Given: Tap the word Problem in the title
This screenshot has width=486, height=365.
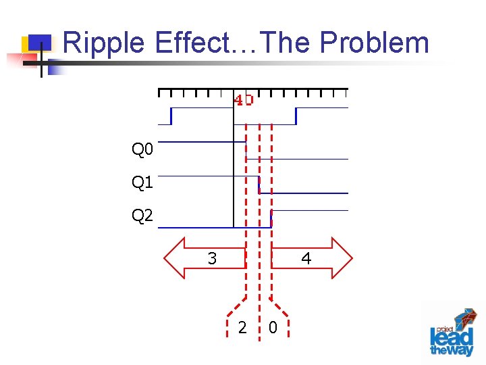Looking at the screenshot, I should [x=375, y=43].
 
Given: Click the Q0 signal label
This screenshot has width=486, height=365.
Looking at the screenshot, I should [x=142, y=149].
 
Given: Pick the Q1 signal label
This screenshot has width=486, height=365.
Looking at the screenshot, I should [x=142, y=182].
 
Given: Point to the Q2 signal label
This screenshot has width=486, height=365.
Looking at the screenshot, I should [x=142, y=216].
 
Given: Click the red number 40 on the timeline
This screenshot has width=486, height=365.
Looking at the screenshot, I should [x=244, y=100].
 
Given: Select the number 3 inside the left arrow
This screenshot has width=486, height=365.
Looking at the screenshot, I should [x=212, y=258].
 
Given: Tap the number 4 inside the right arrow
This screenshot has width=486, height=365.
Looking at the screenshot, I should [x=306, y=258].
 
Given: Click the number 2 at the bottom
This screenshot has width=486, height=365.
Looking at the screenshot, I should [x=242, y=328].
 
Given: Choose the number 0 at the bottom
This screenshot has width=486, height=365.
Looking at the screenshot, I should [x=272, y=328].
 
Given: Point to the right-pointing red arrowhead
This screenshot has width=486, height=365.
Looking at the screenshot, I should [x=342, y=258].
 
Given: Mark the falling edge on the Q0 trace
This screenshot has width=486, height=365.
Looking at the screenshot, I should [x=246, y=150].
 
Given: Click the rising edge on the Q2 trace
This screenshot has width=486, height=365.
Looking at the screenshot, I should [x=271, y=219].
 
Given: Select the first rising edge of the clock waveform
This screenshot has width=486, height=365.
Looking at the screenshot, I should [x=171, y=116].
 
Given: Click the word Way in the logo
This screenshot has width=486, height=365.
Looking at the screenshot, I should [x=462, y=349].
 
